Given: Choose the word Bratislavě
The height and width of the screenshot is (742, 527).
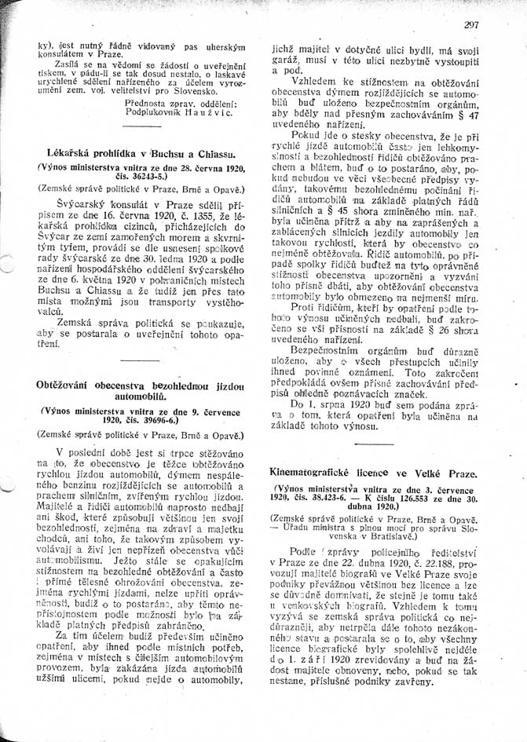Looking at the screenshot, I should point(407,538).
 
